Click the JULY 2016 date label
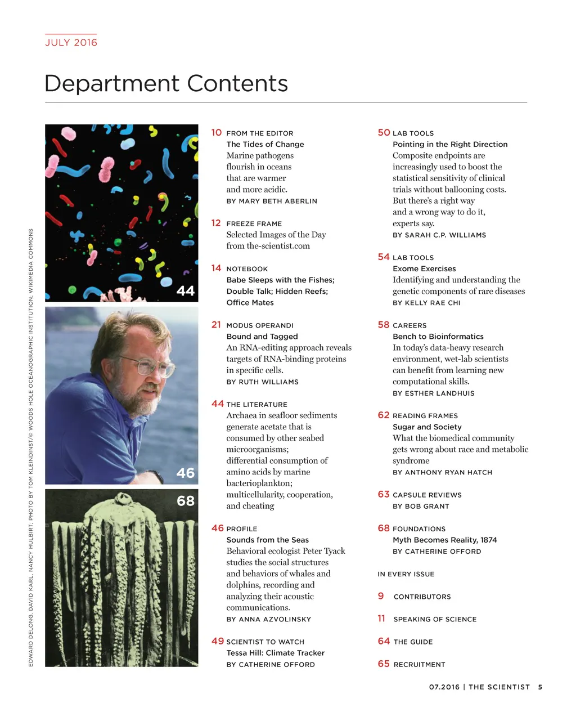(71, 42)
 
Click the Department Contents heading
(166, 83)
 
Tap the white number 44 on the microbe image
(185, 290)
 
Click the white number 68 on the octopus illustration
(185, 500)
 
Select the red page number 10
(217, 133)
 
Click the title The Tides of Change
(265, 144)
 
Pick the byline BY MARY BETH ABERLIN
(272, 201)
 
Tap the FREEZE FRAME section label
(254, 223)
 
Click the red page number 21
(217, 325)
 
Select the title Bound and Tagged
(262, 336)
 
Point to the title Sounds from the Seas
(267, 540)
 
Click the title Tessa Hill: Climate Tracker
(275, 653)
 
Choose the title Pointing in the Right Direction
(450, 144)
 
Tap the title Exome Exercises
(424, 268)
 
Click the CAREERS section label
(409, 325)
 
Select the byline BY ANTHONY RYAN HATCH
(442, 472)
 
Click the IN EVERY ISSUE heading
(406, 574)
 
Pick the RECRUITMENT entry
(419, 664)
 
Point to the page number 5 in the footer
(540, 687)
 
